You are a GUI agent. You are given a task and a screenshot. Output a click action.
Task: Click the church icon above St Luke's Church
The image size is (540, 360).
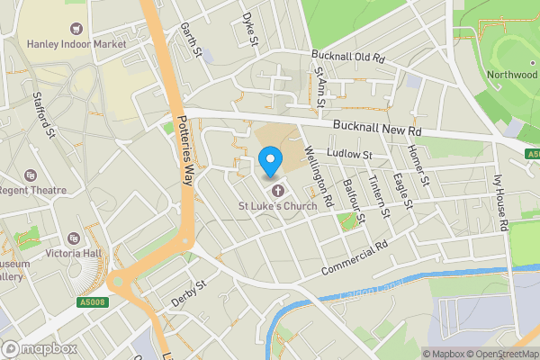(x=277, y=190)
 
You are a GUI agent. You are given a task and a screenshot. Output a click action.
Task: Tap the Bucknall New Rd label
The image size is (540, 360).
(x=376, y=129)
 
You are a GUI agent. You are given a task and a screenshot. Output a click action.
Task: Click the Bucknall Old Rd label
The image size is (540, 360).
(x=347, y=57)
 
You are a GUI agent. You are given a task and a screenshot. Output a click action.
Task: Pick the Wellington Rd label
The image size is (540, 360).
(x=319, y=174)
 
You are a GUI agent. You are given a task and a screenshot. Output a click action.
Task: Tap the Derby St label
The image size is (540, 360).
(x=189, y=293)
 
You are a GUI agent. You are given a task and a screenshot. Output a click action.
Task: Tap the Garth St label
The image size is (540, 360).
(x=187, y=34)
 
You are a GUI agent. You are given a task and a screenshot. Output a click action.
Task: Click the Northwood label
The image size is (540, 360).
(x=511, y=75)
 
